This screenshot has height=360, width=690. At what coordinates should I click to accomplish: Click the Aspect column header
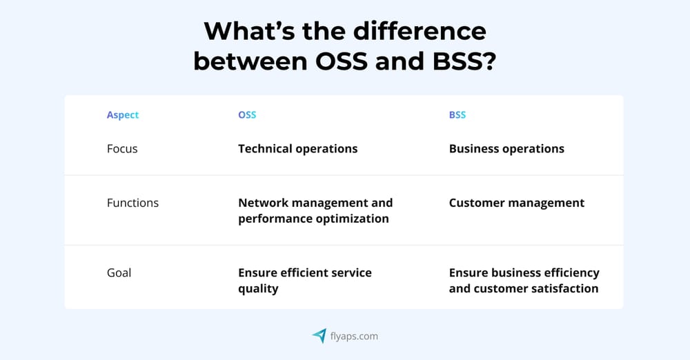pyautogui.click(x=123, y=115)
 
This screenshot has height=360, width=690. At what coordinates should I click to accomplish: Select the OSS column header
pyautogui.click(x=247, y=115)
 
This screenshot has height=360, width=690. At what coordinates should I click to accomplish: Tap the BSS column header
pyautogui.click(x=457, y=115)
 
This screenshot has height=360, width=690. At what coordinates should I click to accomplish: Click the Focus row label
pyautogui.click(x=122, y=148)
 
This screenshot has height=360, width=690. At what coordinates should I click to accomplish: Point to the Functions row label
pyautogui.click(x=132, y=203)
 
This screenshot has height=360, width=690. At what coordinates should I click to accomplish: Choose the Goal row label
pyautogui.click(x=119, y=272)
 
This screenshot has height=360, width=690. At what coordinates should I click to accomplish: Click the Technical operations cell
pyautogui.click(x=297, y=148)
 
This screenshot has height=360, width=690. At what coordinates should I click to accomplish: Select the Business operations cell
pyautogui.click(x=506, y=148)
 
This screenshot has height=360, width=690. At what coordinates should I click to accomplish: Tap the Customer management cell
pyautogui.click(x=516, y=203)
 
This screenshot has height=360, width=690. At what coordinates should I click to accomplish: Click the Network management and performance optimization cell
pyautogui.click(x=315, y=210)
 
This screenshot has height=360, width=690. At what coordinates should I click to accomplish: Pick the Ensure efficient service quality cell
pyautogui.click(x=304, y=280)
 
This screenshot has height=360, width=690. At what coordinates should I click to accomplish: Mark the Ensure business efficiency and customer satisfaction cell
pyautogui.click(x=524, y=280)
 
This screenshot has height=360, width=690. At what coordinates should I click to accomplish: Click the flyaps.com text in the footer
pyautogui.click(x=354, y=337)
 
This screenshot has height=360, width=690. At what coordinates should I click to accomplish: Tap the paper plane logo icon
pyautogui.click(x=319, y=336)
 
